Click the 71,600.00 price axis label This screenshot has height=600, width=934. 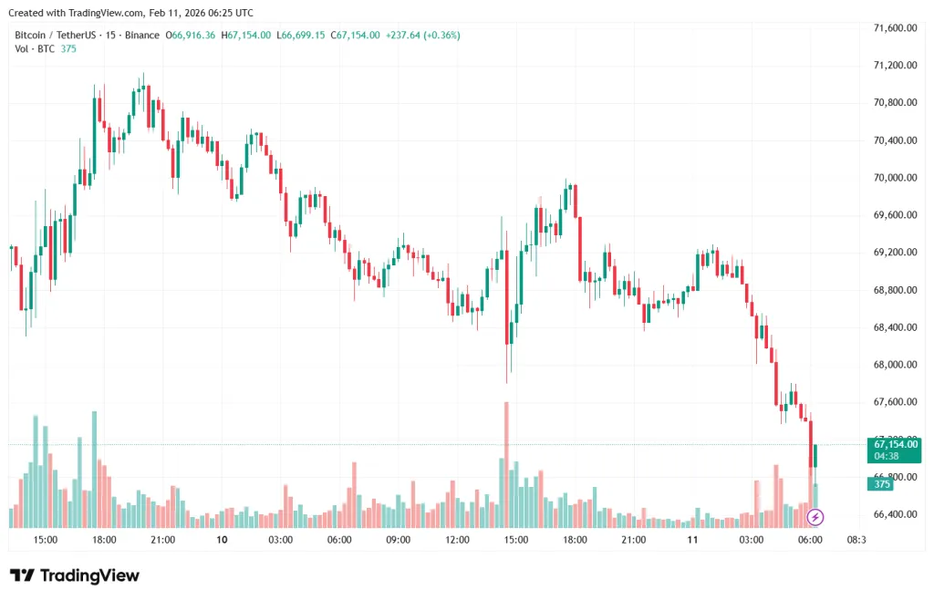pyautogui.click(x=895, y=28)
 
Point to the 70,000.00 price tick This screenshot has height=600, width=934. pyautogui.click(x=895, y=178)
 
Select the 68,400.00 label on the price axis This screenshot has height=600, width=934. pyautogui.click(x=895, y=327)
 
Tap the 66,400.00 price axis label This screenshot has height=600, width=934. pyautogui.click(x=895, y=514)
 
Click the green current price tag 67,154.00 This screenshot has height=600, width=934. pyautogui.click(x=895, y=444)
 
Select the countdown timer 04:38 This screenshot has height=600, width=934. pyautogui.click(x=887, y=456)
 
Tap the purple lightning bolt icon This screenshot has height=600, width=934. pyautogui.click(x=816, y=517)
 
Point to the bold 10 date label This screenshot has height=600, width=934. pyautogui.click(x=222, y=540)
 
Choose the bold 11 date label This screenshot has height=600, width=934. pyautogui.click(x=692, y=540)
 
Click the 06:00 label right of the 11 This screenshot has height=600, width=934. pyautogui.click(x=810, y=540)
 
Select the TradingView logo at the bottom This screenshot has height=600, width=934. pyautogui.click(x=75, y=575)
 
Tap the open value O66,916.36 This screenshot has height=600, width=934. pyautogui.click(x=190, y=35)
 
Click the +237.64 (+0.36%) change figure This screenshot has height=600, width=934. pyautogui.click(x=423, y=35)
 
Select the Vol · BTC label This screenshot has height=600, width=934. pyautogui.click(x=34, y=48)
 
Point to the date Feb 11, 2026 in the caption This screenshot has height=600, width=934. pyautogui.click(x=178, y=13)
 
